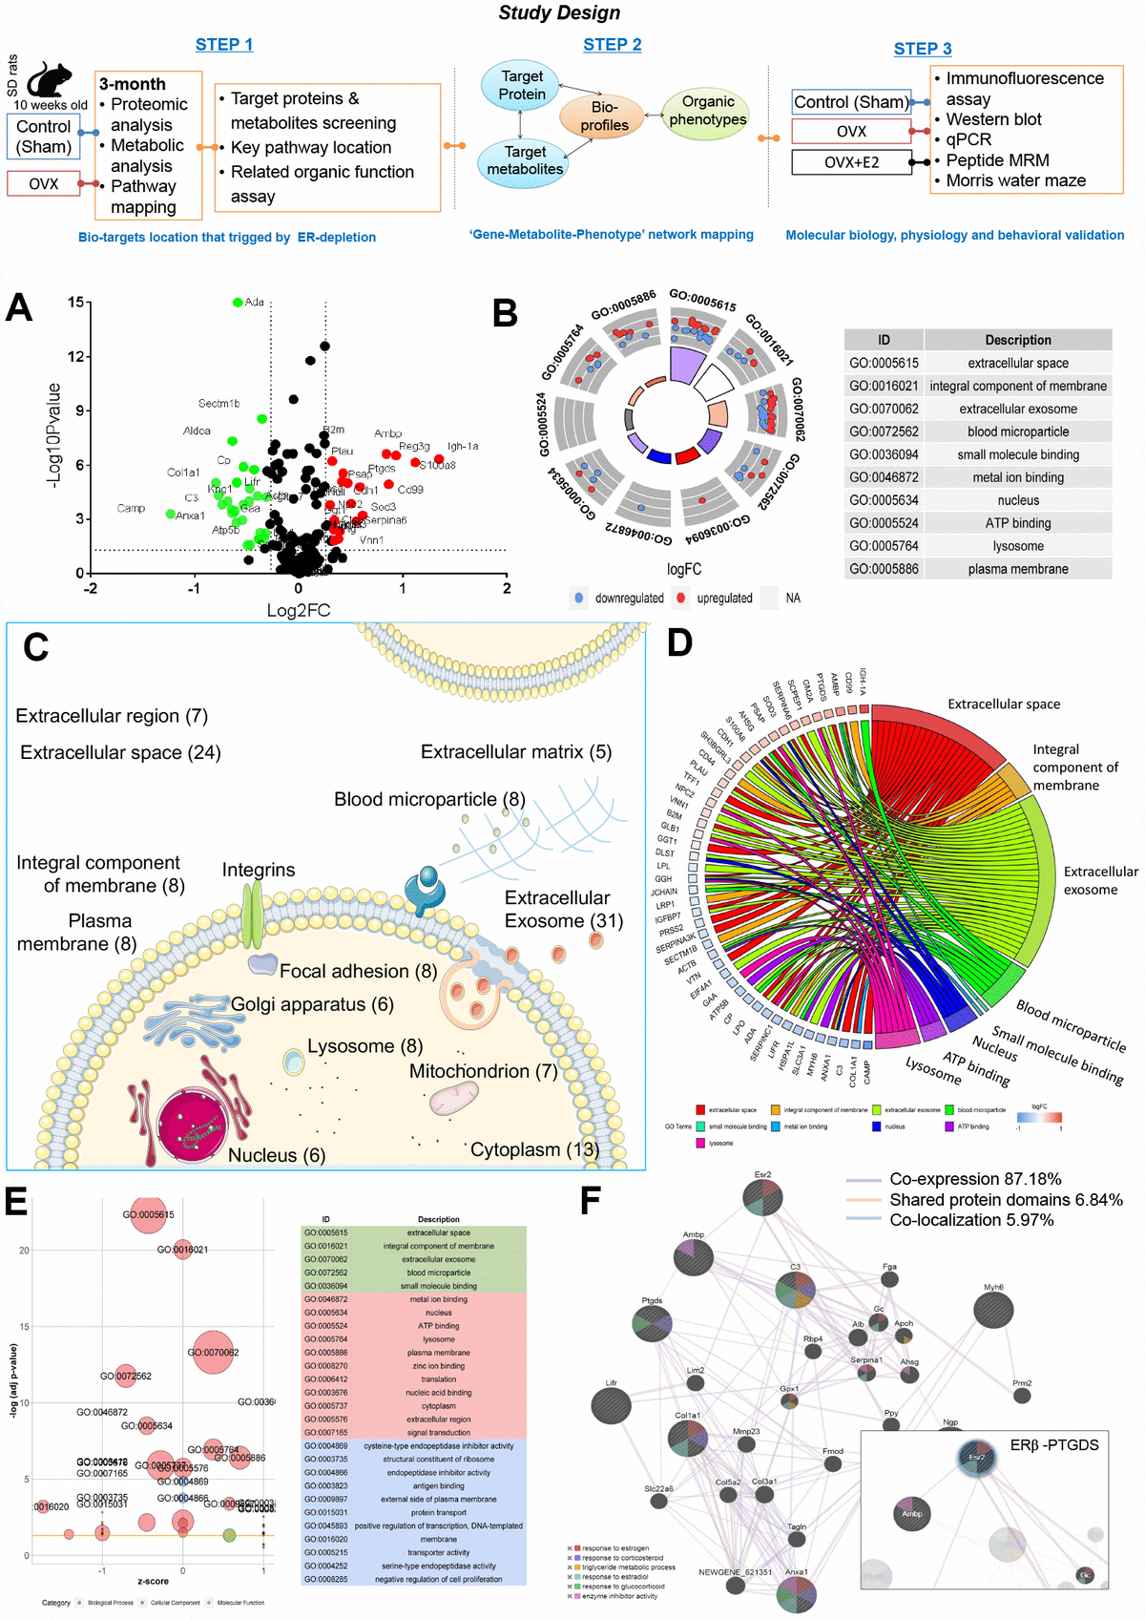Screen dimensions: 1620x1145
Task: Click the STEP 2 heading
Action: [x=612, y=45]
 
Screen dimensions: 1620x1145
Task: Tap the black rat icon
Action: [x=51, y=80]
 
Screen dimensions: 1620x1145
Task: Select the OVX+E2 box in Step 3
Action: [x=851, y=162]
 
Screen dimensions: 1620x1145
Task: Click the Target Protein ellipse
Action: [x=522, y=85]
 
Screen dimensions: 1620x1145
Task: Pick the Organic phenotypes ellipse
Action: [x=707, y=111]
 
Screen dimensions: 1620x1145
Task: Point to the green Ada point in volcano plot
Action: [x=238, y=303]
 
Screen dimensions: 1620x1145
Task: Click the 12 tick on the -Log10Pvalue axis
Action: [x=75, y=356]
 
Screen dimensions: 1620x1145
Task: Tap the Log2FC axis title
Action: [x=298, y=611]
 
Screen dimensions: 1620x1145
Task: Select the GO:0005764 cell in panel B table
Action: [x=884, y=546]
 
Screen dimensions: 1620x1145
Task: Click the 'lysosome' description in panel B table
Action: [x=1017, y=546]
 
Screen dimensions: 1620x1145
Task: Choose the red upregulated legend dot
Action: [x=679, y=599]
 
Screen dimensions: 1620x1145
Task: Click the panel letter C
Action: [x=35, y=647]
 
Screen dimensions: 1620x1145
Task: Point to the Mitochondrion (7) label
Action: [x=483, y=1071]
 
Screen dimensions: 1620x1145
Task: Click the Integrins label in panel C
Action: [x=258, y=870]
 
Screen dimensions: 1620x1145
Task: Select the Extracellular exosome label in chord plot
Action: [x=1099, y=880]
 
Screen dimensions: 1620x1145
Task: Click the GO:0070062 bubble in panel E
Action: [x=213, y=1352]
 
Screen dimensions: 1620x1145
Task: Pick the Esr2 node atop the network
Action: [x=763, y=1196]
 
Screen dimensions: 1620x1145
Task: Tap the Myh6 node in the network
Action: [x=993, y=1309]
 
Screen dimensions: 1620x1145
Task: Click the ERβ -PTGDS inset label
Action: [x=1053, y=1445]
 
